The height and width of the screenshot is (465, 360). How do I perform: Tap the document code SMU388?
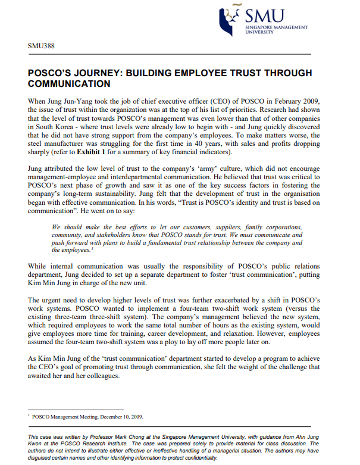coord(40,46)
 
